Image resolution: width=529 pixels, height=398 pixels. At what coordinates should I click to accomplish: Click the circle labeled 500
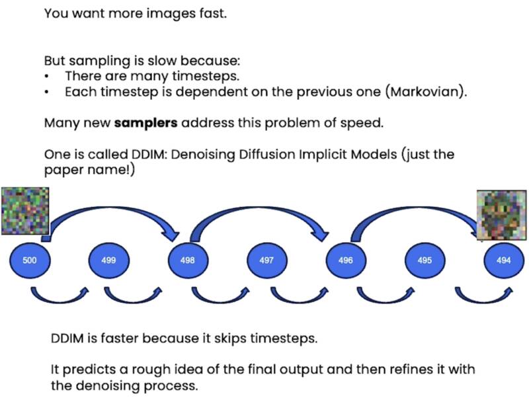click(30, 260)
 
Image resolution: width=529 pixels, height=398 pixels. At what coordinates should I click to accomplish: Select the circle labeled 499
click(108, 260)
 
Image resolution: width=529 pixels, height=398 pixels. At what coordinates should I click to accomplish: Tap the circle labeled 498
click(187, 260)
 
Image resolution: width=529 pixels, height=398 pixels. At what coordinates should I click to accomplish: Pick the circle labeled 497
click(266, 260)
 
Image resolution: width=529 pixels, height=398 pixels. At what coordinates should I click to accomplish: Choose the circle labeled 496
click(345, 260)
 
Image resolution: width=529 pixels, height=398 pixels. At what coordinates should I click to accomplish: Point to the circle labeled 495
click(425, 260)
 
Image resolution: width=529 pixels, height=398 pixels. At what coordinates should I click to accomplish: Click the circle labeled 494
click(503, 260)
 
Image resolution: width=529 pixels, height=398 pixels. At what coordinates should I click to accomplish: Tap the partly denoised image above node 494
click(501, 210)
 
